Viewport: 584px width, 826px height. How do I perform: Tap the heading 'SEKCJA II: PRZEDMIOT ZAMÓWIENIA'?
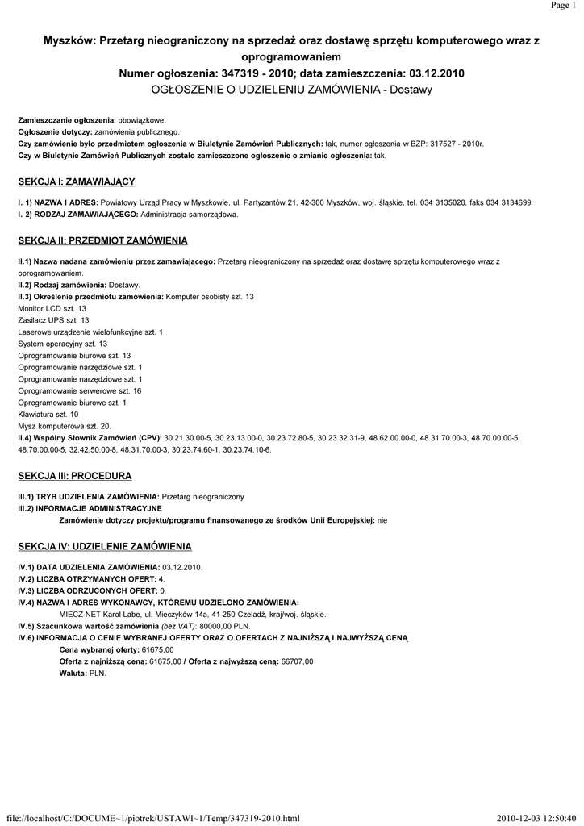[x=102, y=240]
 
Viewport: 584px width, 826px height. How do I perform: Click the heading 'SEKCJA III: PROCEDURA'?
[x=74, y=476]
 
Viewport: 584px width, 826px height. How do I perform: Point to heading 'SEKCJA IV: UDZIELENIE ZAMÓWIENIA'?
[x=104, y=546]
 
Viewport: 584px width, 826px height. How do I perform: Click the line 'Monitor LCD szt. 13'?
[x=52, y=309]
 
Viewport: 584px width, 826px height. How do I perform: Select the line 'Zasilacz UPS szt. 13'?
[x=53, y=320]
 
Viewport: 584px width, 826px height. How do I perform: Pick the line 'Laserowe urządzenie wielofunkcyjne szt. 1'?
[x=90, y=332]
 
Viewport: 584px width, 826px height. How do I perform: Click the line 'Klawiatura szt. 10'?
[x=48, y=414]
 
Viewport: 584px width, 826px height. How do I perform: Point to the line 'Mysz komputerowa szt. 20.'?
[x=64, y=425]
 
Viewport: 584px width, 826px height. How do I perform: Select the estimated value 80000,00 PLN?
[x=225, y=626]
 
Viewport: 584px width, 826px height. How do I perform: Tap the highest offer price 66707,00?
[x=296, y=661]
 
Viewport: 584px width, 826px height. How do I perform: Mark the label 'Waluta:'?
[x=73, y=673]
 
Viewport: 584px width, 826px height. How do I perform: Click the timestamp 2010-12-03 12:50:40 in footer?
[x=537, y=819]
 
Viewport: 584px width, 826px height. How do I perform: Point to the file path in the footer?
[x=152, y=819]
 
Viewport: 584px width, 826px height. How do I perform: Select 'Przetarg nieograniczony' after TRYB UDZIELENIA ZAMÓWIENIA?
[x=202, y=496]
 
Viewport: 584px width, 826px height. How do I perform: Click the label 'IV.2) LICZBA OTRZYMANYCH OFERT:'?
[x=87, y=579]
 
